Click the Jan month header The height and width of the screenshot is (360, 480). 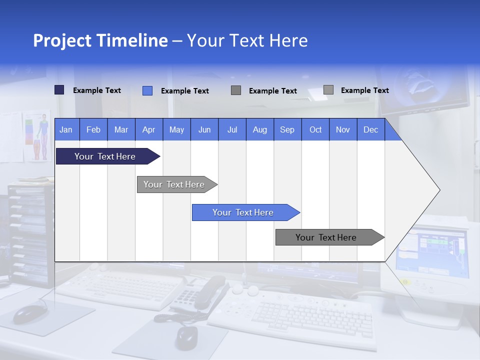pos(66,129)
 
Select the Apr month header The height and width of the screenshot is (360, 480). pos(149,129)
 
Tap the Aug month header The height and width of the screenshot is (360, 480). pos(260,129)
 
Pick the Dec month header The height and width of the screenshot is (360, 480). pos(371,129)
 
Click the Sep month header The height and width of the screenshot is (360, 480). pos(287,129)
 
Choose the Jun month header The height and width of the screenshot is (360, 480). pos(204,129)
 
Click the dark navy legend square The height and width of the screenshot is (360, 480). pos(59,90)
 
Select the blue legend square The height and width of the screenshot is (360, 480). pos(147,90)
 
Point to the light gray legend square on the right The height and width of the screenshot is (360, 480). pos(328,90)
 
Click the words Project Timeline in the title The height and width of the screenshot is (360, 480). pos(100,40)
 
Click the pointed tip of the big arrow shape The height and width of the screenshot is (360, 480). pos(439,190)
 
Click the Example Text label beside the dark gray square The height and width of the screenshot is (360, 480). pos(272,91)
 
